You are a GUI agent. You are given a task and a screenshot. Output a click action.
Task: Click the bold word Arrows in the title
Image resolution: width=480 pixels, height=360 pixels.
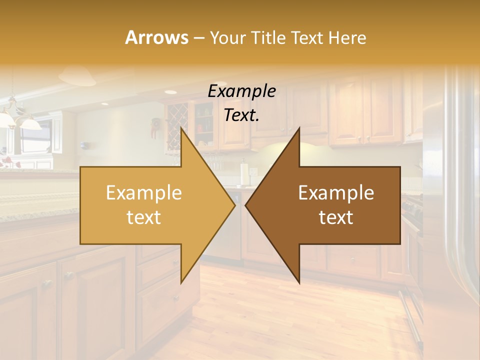[156, 37]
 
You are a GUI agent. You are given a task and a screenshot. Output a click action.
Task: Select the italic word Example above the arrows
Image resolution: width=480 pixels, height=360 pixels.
[242, 91]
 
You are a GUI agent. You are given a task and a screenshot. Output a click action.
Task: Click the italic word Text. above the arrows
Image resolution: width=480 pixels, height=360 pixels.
[242, 115]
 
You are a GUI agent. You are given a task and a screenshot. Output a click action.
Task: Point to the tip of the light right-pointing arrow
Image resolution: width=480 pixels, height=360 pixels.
[234, 205]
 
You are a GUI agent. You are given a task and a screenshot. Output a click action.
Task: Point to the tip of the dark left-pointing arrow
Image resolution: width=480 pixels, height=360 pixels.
[245, 205]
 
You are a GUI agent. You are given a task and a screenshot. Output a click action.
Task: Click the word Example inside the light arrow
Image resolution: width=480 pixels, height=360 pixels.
[144, 193]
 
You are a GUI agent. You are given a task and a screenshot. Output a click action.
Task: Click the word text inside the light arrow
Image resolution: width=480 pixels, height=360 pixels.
[144, 217]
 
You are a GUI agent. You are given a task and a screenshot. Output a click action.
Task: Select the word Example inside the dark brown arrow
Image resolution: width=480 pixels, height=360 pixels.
[336, 193]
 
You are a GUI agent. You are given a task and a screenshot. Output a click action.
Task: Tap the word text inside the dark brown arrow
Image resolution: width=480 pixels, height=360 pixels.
[336, 217]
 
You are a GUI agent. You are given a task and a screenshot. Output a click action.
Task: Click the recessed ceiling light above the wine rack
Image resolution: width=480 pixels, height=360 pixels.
[170, 92]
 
